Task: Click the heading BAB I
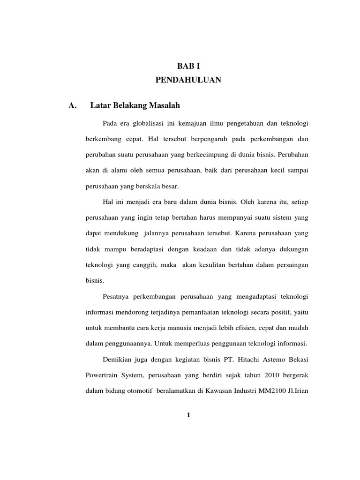coord(188,67)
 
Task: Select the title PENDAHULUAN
coord(188,81)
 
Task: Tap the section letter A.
coord(72,105)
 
